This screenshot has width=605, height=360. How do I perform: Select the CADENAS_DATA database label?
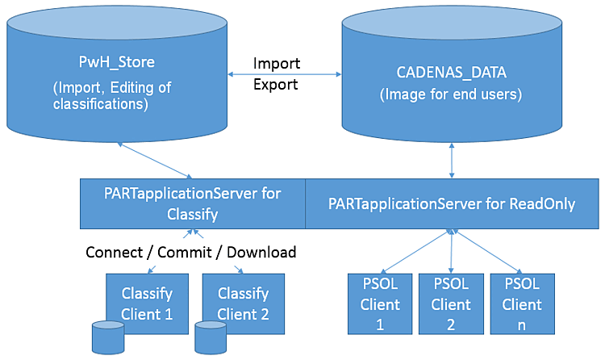452,72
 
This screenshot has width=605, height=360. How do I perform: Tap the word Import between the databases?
277,63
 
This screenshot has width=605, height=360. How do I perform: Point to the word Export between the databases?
277,83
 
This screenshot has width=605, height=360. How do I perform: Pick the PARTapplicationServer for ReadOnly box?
452,204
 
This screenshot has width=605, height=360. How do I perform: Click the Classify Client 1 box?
147,303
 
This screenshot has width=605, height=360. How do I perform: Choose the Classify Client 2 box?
243,303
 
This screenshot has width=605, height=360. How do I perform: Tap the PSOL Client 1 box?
379,304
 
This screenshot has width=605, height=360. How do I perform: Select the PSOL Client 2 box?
450,304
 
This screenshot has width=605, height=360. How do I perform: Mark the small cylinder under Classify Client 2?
210,338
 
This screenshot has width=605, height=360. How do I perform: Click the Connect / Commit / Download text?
191,252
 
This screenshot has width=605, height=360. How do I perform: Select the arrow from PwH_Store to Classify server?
156,161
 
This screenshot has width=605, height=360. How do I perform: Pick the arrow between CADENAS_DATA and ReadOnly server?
452,161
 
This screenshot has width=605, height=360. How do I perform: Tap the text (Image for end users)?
452,94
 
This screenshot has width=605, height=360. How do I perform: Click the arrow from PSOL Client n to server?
487,252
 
